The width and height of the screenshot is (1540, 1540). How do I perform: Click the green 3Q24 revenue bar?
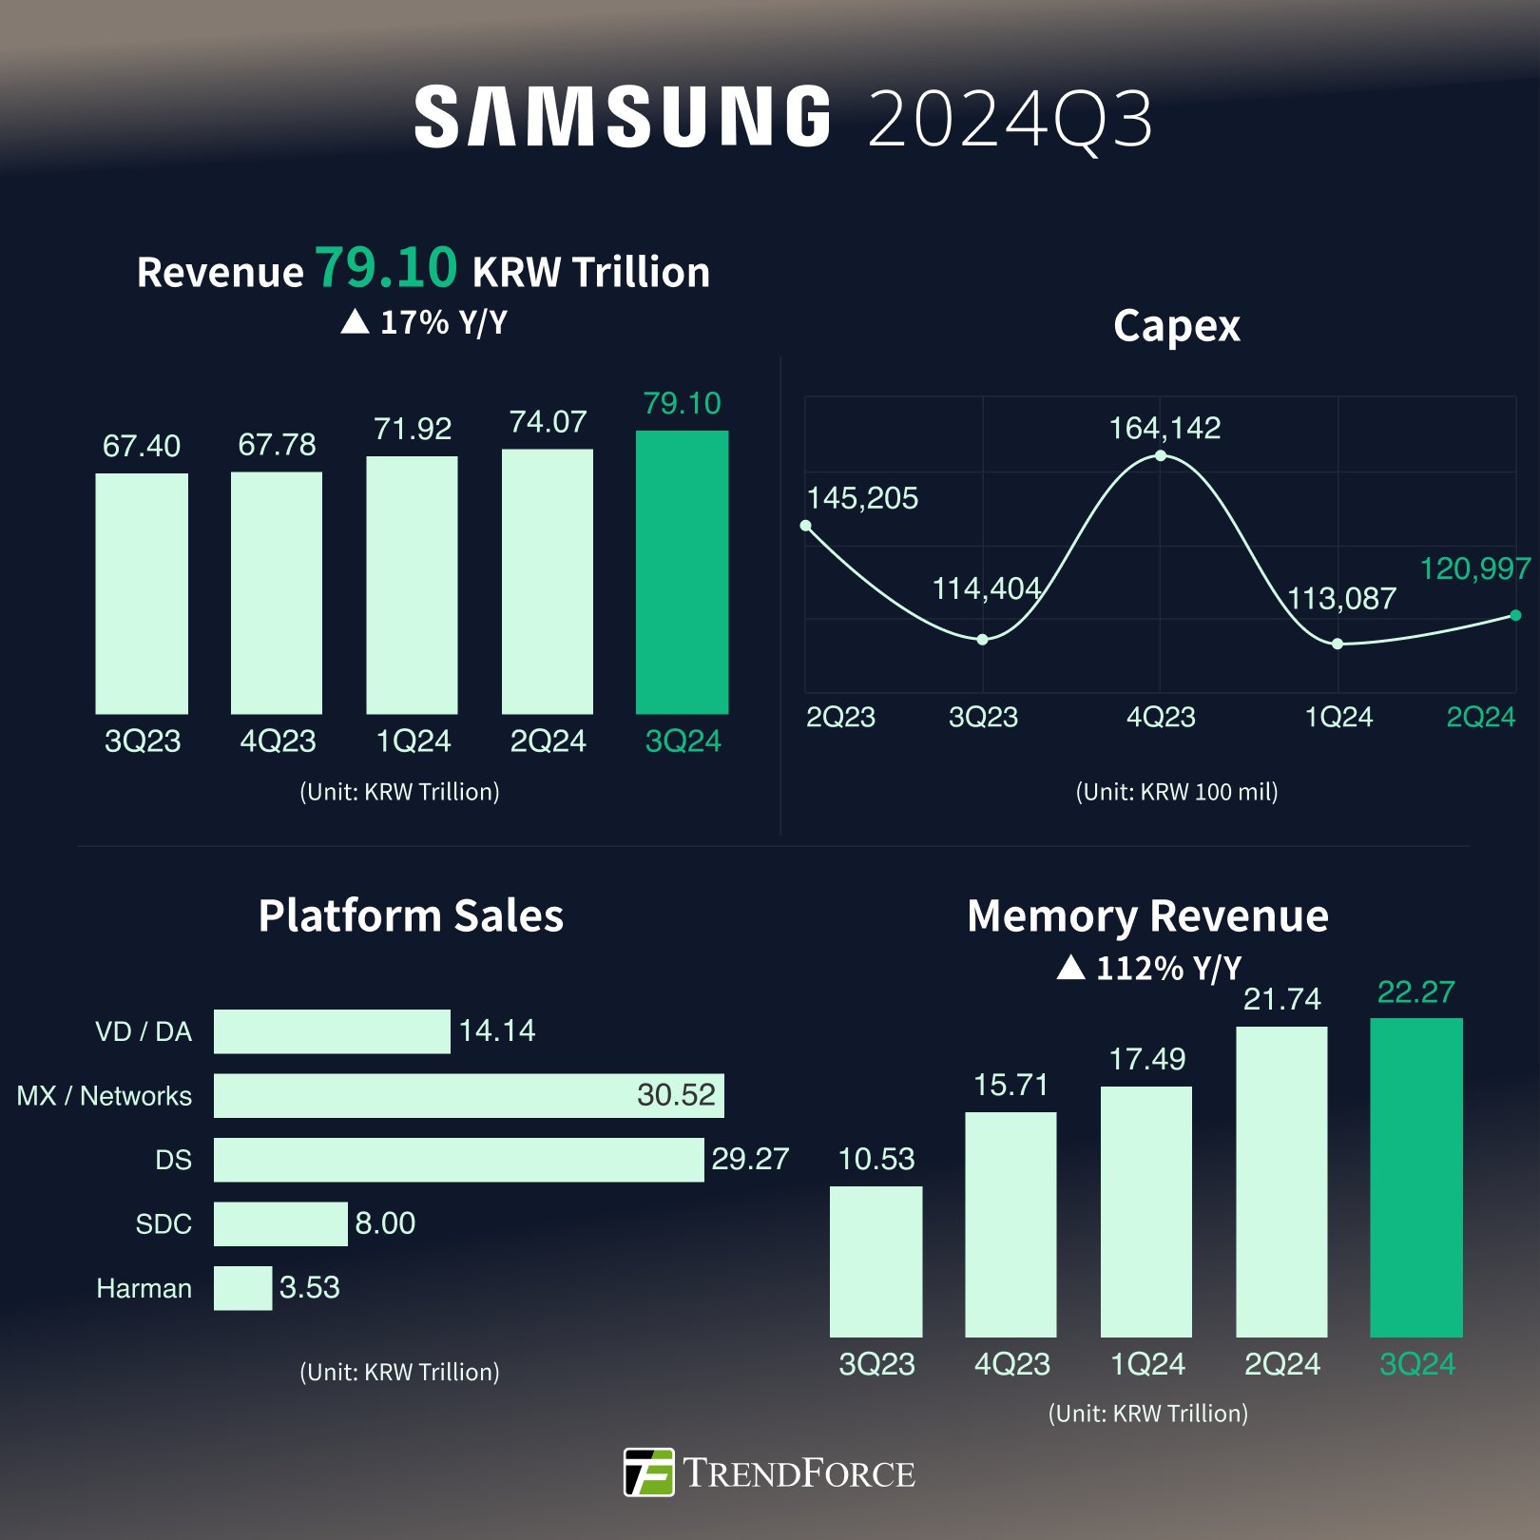[x=682, y=571]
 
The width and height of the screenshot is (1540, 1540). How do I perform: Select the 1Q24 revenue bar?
[x=412, y=585]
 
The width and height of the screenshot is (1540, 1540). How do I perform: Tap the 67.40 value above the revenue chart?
[x=142, y=446]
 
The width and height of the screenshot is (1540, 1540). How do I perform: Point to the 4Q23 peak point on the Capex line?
[x=1161, y=456]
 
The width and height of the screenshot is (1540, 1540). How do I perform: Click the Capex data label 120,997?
[x=1474, y=568]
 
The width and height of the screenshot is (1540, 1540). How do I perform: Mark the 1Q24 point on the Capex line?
[x=1338, y=644]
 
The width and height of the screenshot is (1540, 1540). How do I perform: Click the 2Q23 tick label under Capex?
[x=840, y=717]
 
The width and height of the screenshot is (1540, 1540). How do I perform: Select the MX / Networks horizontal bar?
[x=469, y=1095]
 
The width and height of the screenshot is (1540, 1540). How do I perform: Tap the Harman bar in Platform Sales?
[x=242, y=1288]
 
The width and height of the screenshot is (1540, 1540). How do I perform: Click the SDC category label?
[x=164, y=1223]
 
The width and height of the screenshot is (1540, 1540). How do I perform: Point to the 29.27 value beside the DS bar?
[x=750, y=1159]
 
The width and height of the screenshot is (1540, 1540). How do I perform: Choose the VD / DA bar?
[x=332, y=1031]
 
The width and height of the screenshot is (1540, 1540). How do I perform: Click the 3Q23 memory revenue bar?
[x=876, y=1261]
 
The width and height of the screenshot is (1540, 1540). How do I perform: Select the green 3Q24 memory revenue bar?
[x=1415, y=1177]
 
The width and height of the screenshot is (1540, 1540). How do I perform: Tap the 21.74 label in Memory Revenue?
[x=1281, y=999]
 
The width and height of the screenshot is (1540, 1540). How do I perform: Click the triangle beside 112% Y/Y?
[x=1071, y=968]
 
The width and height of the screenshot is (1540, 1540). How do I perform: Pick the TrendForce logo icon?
[x=649, y=1473]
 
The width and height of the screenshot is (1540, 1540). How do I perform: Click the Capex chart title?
[x=1176, y=326]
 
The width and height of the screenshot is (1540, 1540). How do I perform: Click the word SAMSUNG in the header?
[x=623, y=118]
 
